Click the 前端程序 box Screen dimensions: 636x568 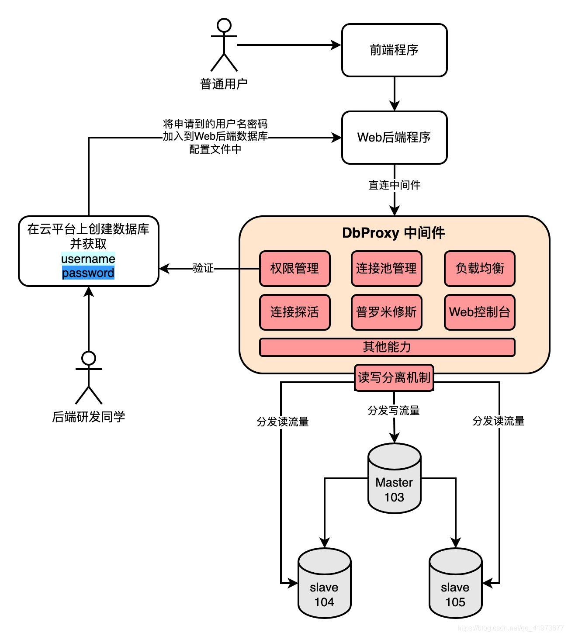tap(394, 50)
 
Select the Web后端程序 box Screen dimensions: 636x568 tap(394, 138)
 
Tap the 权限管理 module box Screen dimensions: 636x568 tap(294, 269)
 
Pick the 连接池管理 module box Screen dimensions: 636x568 tap(386, 269)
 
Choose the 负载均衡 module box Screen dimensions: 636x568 tap(479, 269)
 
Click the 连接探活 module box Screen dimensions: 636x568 tap(294, 312)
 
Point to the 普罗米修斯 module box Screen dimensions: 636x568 tap(386, 312)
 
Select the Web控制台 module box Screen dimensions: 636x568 tap(479, 312)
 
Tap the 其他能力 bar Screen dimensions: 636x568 tap(387, 347)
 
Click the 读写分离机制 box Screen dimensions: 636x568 tap(394, 377)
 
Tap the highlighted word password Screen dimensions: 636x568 tap(88, 273)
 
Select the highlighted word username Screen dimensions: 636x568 tap(88, 259)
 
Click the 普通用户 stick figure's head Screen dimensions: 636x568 tap(224, 25)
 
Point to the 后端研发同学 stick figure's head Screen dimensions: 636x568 tap(89, 358)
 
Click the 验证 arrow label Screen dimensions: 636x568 tap(203, 268)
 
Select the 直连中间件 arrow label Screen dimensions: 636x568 tap(394, 185)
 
